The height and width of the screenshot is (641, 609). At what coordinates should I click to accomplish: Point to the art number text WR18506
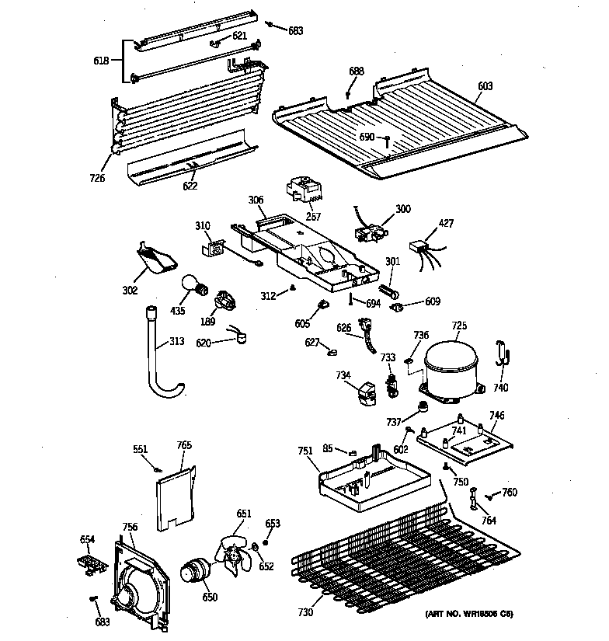(x=471, y=614)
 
